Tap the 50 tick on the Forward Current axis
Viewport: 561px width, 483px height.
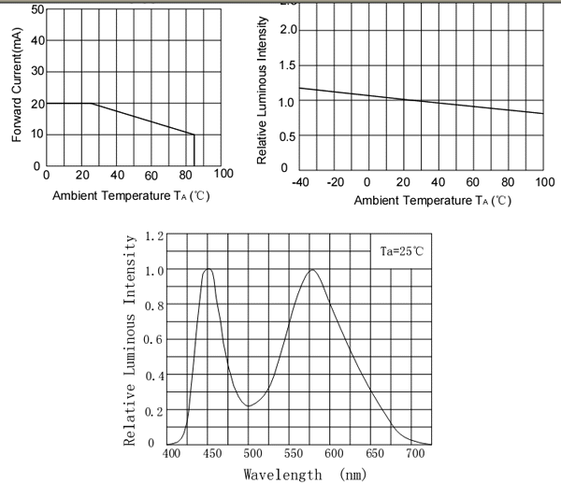coord(38,10)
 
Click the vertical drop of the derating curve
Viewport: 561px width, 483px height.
coord(194,149)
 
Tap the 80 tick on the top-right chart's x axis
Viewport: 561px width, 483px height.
coord(509,181)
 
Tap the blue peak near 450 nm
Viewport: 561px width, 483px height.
coord(208,269)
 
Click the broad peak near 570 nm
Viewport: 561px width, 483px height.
coord(311,271)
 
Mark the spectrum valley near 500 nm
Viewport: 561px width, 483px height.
coord(249,405)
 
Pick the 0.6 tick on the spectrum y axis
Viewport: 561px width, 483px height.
coord(155,339)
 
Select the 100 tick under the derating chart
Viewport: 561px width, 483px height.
coord(223,174)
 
